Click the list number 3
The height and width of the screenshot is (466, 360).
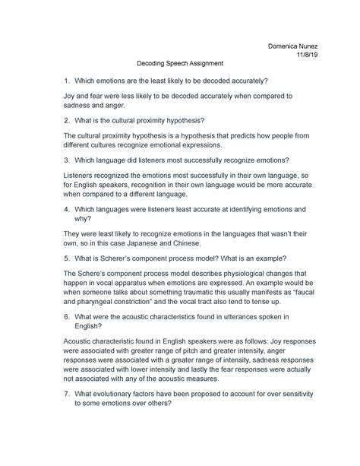pyautogui.click(x=65, y=160)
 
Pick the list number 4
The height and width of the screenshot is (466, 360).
pyautogui.click(x=65, y=208)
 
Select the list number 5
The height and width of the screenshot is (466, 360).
pyautogui.click(x=65, y=256)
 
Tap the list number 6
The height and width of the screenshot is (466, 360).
pyautogui.click(x=65, y=315)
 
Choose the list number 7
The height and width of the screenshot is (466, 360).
pyautogui.click(x=65, y=395)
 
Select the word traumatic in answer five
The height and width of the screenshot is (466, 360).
pyautogui.click(x=202, y=293)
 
